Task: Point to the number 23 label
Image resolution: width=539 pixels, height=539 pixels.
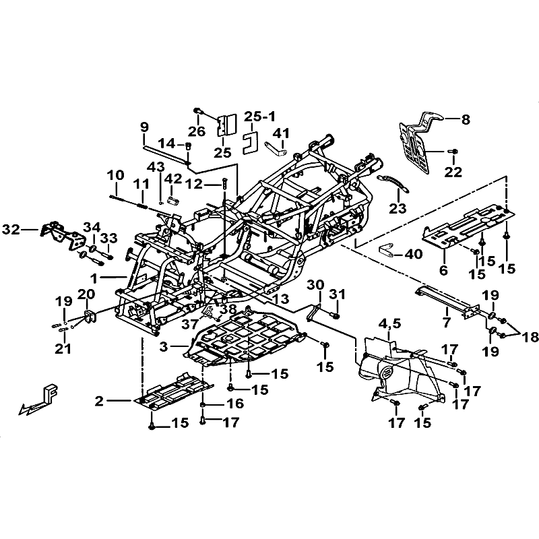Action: coord(398,208)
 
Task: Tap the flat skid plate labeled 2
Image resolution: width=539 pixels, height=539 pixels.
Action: coord(172,393)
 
